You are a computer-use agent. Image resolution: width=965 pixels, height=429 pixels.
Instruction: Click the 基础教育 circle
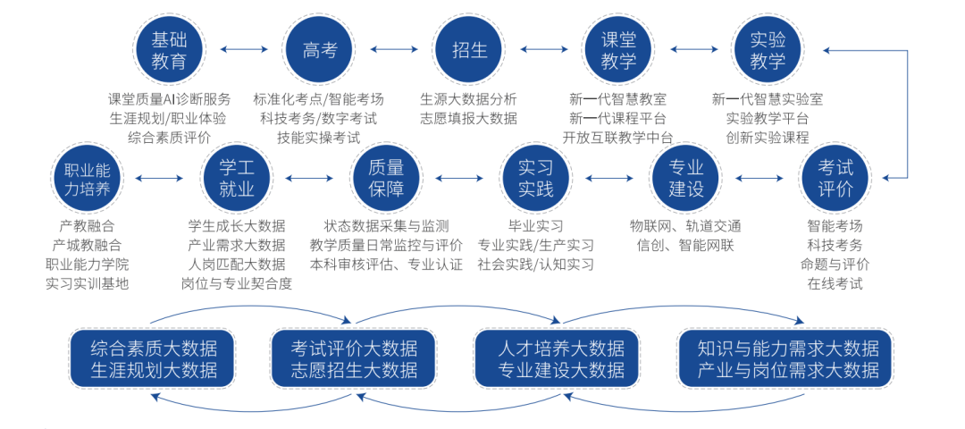pyautogui.click(x=169, y=50)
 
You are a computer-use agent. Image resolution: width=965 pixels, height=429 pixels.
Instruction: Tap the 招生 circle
pyautogui.click(x=470, y=50)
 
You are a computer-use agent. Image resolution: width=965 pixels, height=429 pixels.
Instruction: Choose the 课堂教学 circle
pyautogui.click(x=618, y=50)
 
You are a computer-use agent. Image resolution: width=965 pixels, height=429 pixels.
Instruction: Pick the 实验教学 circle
pyautogui.click(x=768, y=50)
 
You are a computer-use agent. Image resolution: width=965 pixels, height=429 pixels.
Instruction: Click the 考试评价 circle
pyautogui.click(x=835, y=178)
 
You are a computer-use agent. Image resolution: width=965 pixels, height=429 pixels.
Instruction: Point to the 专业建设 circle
pyautogui.click(x=686, y=178)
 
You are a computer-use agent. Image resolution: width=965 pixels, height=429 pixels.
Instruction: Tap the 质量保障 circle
pyautogui.click(x=386, y=178)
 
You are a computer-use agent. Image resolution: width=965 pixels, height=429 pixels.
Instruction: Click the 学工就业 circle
pyautogui.click(x=237, y=178)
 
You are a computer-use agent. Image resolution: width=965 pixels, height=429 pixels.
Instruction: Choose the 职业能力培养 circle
pyautogui.click(x=87, y=178)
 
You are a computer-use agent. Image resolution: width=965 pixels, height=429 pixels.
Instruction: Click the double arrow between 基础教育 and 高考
pyautogui.click(x=244, y=50)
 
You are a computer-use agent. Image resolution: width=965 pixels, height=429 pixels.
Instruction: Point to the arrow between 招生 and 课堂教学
pyautogui.click(x=544, y=50)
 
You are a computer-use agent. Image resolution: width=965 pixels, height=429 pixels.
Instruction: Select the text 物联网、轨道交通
pyautogui.click(x=685, y=225)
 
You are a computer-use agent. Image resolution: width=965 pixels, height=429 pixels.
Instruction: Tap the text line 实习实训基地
pyautogui.click(x=88, y=284)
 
